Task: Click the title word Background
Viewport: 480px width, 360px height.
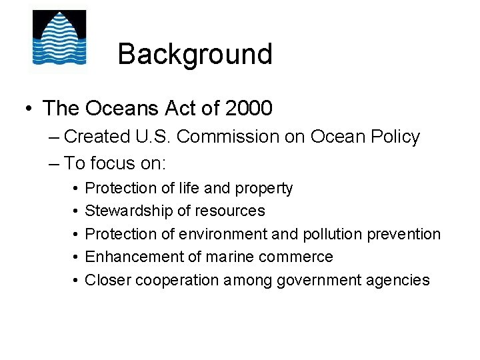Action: click(x=195, y=54)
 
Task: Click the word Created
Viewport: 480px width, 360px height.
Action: click(x=97, y=137)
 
